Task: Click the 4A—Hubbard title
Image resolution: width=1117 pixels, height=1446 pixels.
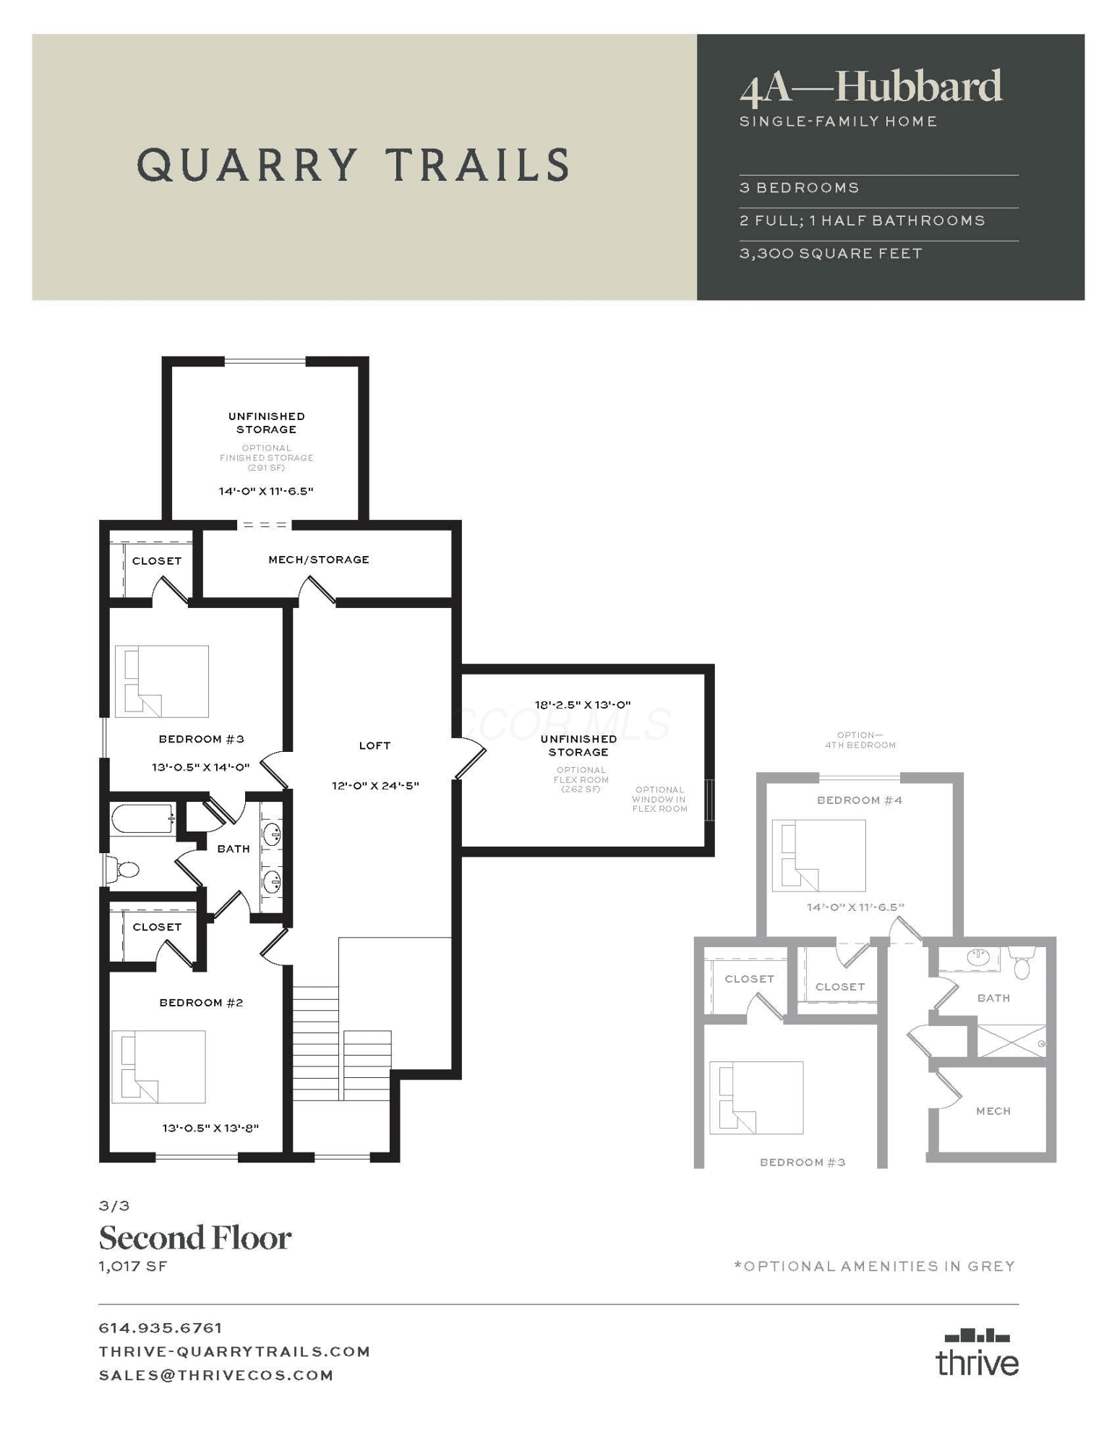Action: pos(870,87)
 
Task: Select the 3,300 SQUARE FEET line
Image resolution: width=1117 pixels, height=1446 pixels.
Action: pos(831,254)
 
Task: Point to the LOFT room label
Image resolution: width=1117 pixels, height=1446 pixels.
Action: pos(375,745)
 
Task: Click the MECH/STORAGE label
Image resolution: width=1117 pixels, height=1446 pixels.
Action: pos(319,560)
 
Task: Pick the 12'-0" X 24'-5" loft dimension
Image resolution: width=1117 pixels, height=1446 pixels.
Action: pos(375,785)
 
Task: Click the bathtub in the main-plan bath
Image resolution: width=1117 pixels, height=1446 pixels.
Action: pos(142,819)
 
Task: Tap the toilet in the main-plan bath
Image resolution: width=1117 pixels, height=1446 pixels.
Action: pos(121,869)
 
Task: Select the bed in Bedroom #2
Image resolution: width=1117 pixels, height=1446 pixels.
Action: pos(158,1066)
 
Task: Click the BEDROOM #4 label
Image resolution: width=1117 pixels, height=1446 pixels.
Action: pos(860,800)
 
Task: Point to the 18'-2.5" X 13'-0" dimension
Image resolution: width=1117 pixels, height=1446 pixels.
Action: pos(583,704)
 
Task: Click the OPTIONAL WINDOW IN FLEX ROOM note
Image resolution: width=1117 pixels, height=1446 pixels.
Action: pos(659,799)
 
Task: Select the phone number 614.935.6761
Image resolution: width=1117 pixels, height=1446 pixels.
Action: pos(161,1327)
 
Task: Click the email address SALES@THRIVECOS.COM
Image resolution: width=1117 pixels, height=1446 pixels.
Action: pos(216,1375)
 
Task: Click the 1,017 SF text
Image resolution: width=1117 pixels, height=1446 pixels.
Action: pos(133,1266)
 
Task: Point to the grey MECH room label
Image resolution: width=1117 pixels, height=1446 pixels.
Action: pos(993,1111)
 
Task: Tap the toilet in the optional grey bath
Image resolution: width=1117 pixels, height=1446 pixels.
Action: pos(1022,964)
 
